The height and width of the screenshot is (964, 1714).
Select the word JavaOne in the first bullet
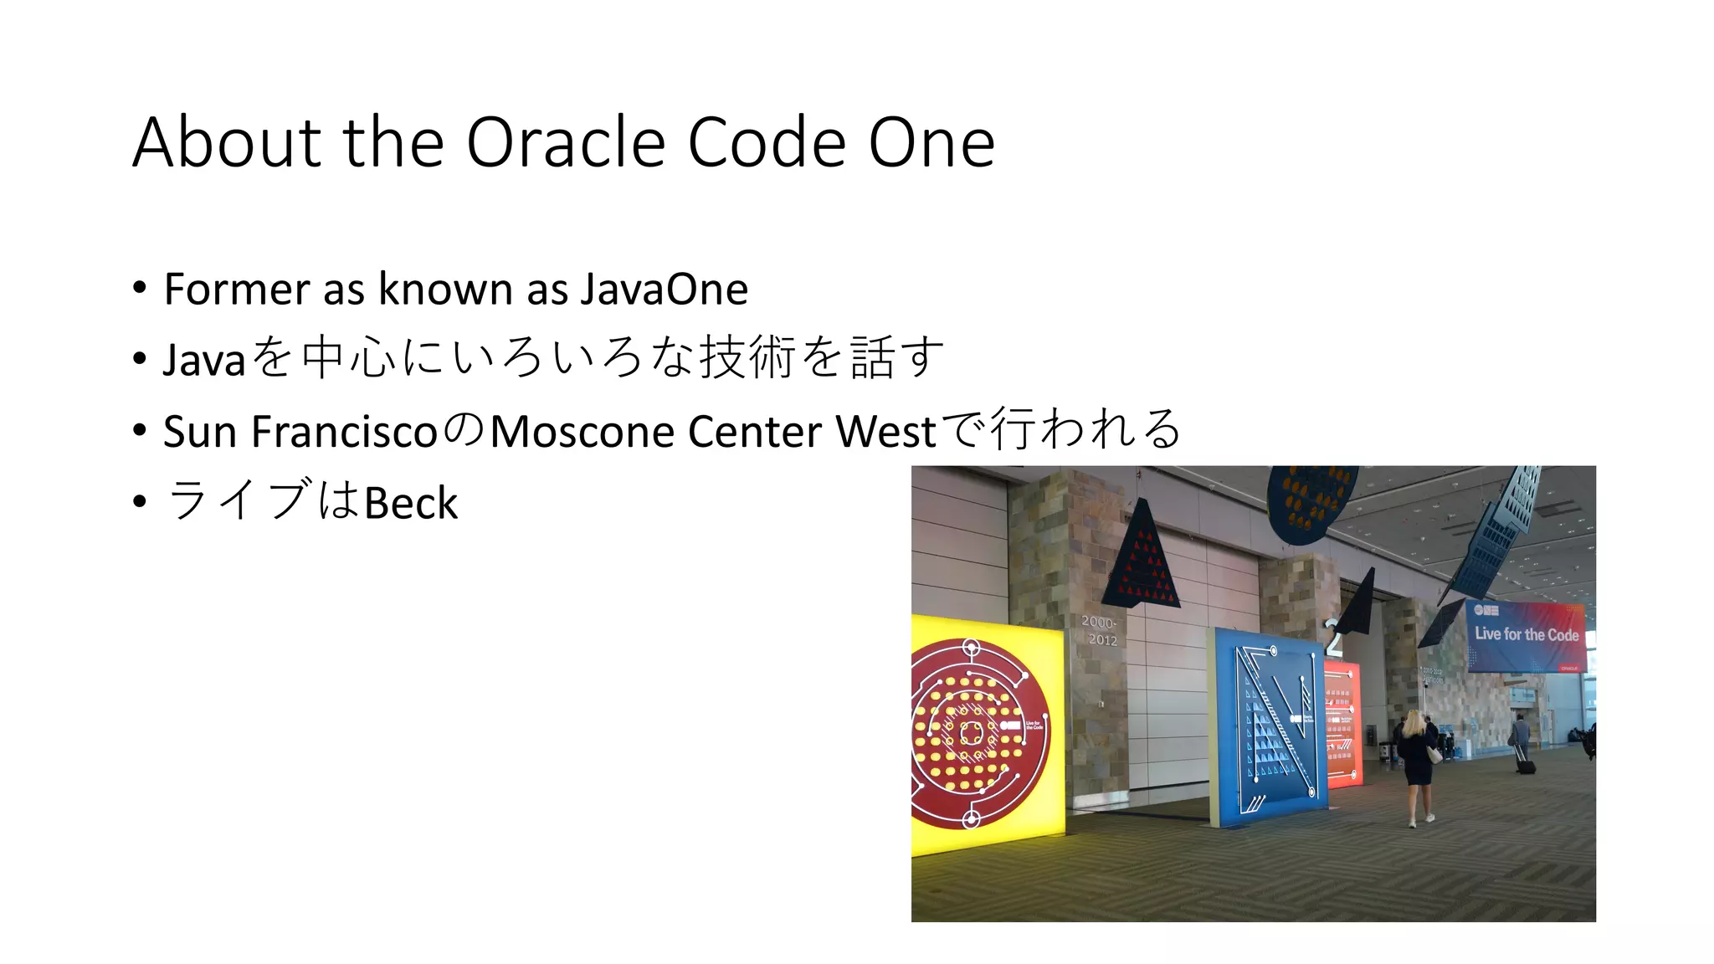click(x=664, y=290)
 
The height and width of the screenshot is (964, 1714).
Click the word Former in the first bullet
click(x=237, y=290)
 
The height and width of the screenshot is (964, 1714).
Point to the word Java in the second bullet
click(x=203, y=361)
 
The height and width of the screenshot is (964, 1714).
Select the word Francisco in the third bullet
click(x=344, y=432)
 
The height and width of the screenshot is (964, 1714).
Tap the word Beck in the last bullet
click(x=411, y=503)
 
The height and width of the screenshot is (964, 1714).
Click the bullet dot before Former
click(x=140, y=289)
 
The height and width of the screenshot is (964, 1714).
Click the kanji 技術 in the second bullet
click(x=747, y=358)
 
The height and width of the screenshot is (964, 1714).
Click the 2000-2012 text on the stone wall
click(x=1100, y=631)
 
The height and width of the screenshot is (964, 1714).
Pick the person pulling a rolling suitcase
click(x=1521, y=741)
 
